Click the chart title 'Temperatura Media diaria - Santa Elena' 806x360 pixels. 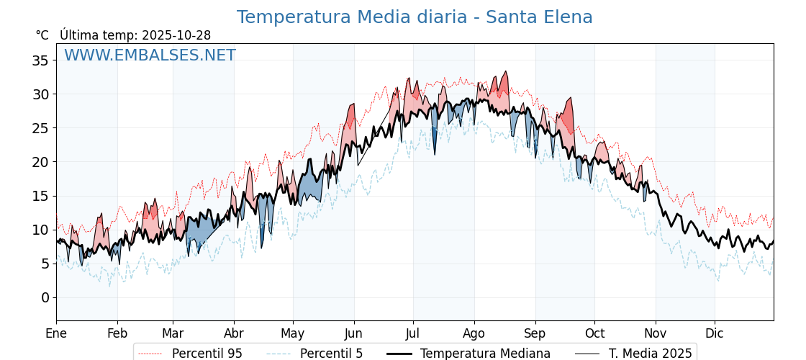[x=415, y=17]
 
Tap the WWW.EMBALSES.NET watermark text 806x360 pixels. [x=150, y=55]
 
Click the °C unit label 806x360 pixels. [x=42, y=35]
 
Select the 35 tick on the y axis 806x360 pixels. [x=40, y=60]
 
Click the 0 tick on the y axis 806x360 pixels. [x=45, y=297]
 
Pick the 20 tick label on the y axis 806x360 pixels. [x=40, y=162]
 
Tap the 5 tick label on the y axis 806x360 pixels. [x=45, y=264]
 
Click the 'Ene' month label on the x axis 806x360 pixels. [x=56, y=333]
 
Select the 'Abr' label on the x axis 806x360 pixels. [x=234, y=333]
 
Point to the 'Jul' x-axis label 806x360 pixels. [x=413, y=333]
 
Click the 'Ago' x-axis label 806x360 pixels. [x=474, y=333]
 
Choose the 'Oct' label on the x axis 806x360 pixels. [x=594, y=333]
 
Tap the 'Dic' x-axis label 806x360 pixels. [x=715, y=333]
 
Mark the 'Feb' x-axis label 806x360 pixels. [x=117, y=333]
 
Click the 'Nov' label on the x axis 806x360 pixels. [x=656, y=333]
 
